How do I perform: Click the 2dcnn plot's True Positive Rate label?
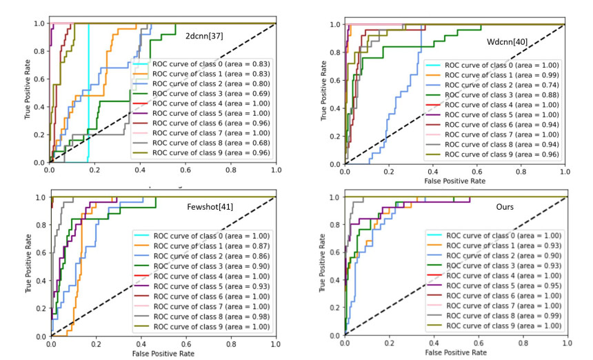[x=27, y=92]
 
